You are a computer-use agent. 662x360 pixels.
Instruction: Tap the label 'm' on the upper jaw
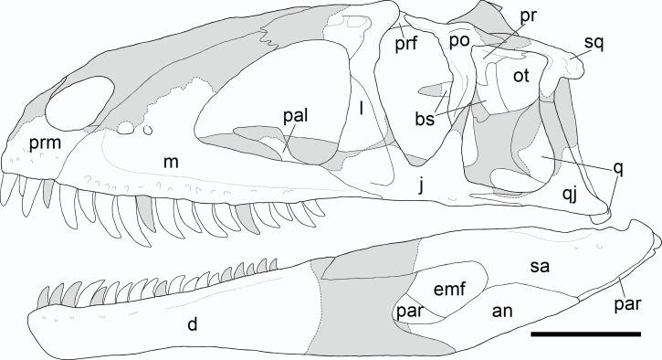coord(171,162)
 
